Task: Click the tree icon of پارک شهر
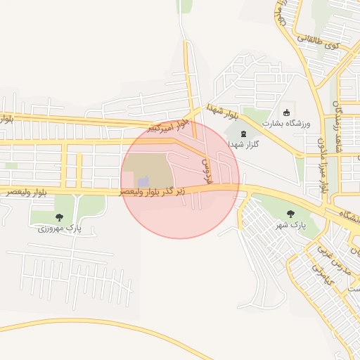tap(291, 214)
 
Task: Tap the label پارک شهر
tap(291, 225)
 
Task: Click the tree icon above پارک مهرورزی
tap(59, 217)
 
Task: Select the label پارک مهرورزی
tap(59, 229)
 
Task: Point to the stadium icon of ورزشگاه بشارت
tap(286, 112)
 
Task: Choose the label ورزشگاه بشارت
tap(286, 123)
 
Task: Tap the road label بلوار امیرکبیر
tap(168, 127)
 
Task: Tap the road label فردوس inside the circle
tap(207, 168)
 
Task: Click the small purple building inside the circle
tap(143, 181)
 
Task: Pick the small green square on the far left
tap(11, 166)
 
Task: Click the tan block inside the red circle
tap(148, 169)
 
